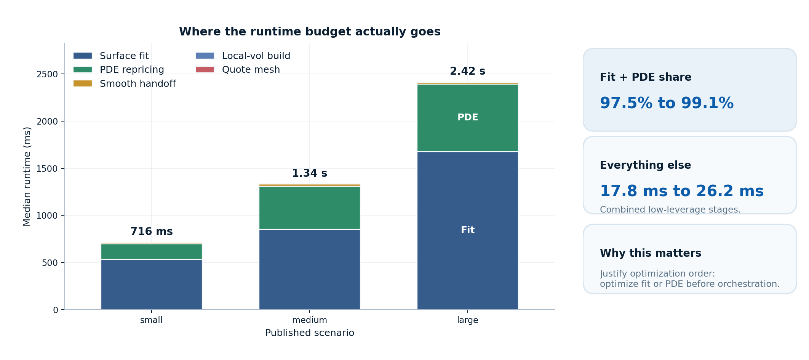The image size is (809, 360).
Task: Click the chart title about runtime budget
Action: coord(310,32)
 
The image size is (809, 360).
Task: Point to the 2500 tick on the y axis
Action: coord(47,74)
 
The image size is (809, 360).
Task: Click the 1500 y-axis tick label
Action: coord(47,169)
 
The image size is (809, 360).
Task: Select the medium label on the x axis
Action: coord(309,320)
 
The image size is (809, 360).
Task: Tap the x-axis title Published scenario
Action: coord(309,333)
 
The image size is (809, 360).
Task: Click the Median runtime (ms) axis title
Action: coord(27,176)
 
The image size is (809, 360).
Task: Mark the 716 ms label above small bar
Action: coord(151,232)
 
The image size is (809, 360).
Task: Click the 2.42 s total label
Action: coord(467,71)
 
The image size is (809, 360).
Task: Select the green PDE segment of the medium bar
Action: coord(309,208)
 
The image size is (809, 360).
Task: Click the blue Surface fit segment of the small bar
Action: coord(151,284)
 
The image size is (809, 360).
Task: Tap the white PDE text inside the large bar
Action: coord(467,117)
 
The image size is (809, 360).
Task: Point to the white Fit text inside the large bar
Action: coord(467,230)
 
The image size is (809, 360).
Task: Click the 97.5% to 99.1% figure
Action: coord(666,103)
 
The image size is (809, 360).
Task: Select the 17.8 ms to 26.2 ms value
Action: coord(681,191)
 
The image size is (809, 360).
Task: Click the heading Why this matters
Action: coord(650,253)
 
